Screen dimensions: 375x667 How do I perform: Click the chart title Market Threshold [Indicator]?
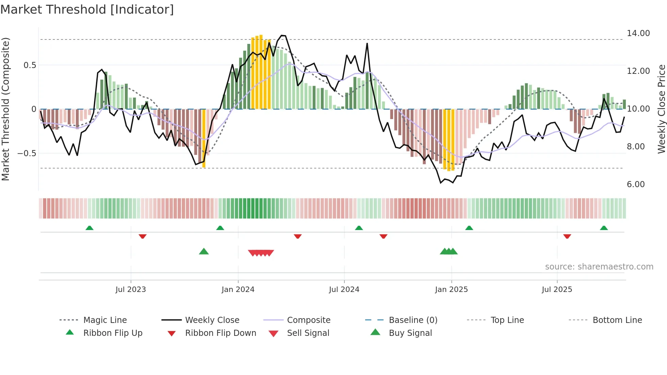(87, 10)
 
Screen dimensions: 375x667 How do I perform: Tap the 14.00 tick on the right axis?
(638, 33)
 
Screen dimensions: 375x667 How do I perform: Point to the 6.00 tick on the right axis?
(635, 184)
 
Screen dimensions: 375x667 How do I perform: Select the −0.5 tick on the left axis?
(27, 153)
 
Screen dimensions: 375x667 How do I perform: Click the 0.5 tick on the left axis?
(30, 65)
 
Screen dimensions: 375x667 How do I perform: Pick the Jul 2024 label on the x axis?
(344, 290)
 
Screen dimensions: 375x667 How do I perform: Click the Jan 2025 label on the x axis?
(451, 290)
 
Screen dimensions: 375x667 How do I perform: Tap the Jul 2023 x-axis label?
(131, 290)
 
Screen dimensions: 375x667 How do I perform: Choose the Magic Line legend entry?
(105, 320)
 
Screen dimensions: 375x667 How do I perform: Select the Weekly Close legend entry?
(212, 320)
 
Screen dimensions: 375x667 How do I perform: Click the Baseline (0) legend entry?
(413, 320)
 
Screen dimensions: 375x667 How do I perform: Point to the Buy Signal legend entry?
(410, 333)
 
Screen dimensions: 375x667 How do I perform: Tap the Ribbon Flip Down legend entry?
(221, 333)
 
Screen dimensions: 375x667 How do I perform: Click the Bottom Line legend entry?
(617, 320)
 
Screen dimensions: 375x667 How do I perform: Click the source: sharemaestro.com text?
(599, 267)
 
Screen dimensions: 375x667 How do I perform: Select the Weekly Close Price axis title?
(661, 109)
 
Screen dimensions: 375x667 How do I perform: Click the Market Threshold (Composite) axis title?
(5, 109)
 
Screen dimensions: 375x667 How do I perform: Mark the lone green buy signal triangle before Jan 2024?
(204, 251)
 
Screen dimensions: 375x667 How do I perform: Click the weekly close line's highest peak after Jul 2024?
(367, 44)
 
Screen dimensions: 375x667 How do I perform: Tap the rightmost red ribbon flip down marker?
(567, 236)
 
